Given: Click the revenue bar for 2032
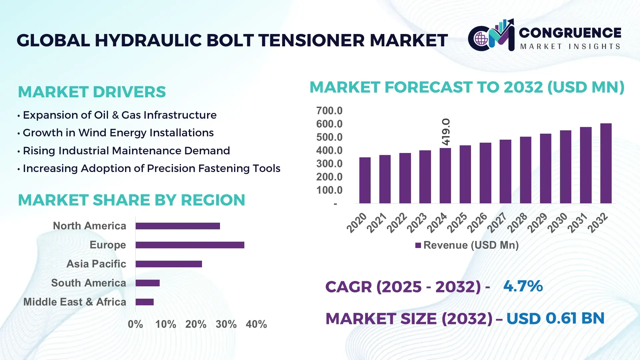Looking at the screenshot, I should [x=606, y=163].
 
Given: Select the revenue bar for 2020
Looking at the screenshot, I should [x=365, y=180].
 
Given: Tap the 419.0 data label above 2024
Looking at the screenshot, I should [x=446, y=132].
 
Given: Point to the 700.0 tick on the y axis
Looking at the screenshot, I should [x=329, y=111].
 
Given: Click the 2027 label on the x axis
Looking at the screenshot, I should [x=497, y=222].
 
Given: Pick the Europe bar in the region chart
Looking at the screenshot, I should [x=190, y=245].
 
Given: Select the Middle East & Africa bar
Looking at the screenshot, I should [x=144, y=302].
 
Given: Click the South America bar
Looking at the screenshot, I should [x=147, y=283].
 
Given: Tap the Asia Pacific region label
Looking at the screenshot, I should [x=96, y=264].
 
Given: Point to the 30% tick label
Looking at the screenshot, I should [x=226, y=324].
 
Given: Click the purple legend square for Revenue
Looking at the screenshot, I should [x=418, y=246].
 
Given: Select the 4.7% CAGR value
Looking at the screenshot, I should [x=523, y=286].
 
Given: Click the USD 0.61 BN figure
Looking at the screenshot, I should [x=555, y=318].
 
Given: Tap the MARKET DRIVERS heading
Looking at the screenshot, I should [x=92, y=92].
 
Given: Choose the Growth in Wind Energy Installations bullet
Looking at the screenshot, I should [x=118, y=133].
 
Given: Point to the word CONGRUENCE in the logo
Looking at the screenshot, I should [x=570, y=33].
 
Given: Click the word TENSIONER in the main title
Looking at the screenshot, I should [x=312, y=40].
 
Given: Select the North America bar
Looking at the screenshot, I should [x=178, y=226].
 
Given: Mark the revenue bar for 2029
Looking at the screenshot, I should [x=545, y=168].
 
